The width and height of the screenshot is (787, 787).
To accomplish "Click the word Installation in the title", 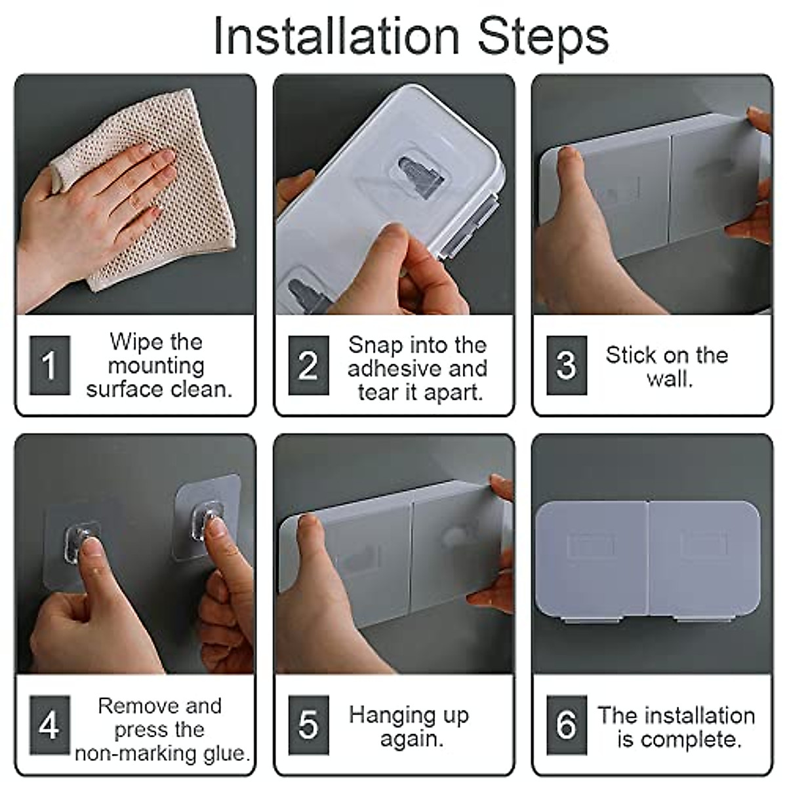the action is (x=337, y=37).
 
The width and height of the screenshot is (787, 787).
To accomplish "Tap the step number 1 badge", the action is (x=50, y=365).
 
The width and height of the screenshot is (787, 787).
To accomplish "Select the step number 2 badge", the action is (x=308, y=365).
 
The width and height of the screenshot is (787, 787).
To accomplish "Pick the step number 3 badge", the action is (x=567, y=365).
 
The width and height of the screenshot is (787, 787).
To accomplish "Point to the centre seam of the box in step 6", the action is (x=648, y=559).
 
